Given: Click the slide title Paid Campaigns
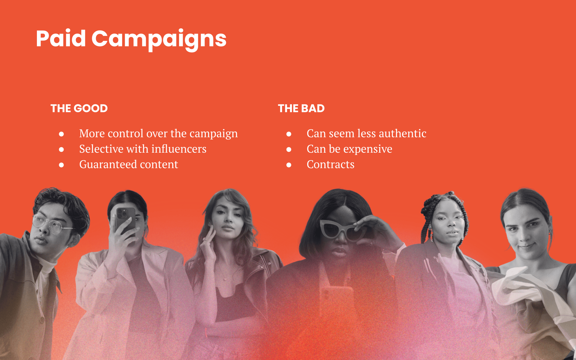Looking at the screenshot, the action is (x=131, y=39).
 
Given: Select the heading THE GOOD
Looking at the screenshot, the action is (x=79, y=108).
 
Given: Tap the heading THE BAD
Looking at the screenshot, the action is (x=301, y=108).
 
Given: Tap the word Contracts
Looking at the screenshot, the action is (x=330, y=164).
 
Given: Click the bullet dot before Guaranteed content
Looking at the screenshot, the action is (x=61, y=165).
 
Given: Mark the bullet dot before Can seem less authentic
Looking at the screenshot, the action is (x=289, y=134).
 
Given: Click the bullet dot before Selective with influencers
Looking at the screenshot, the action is (x=61, y=149).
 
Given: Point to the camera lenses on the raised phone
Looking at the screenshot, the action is (x=122, y=214).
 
